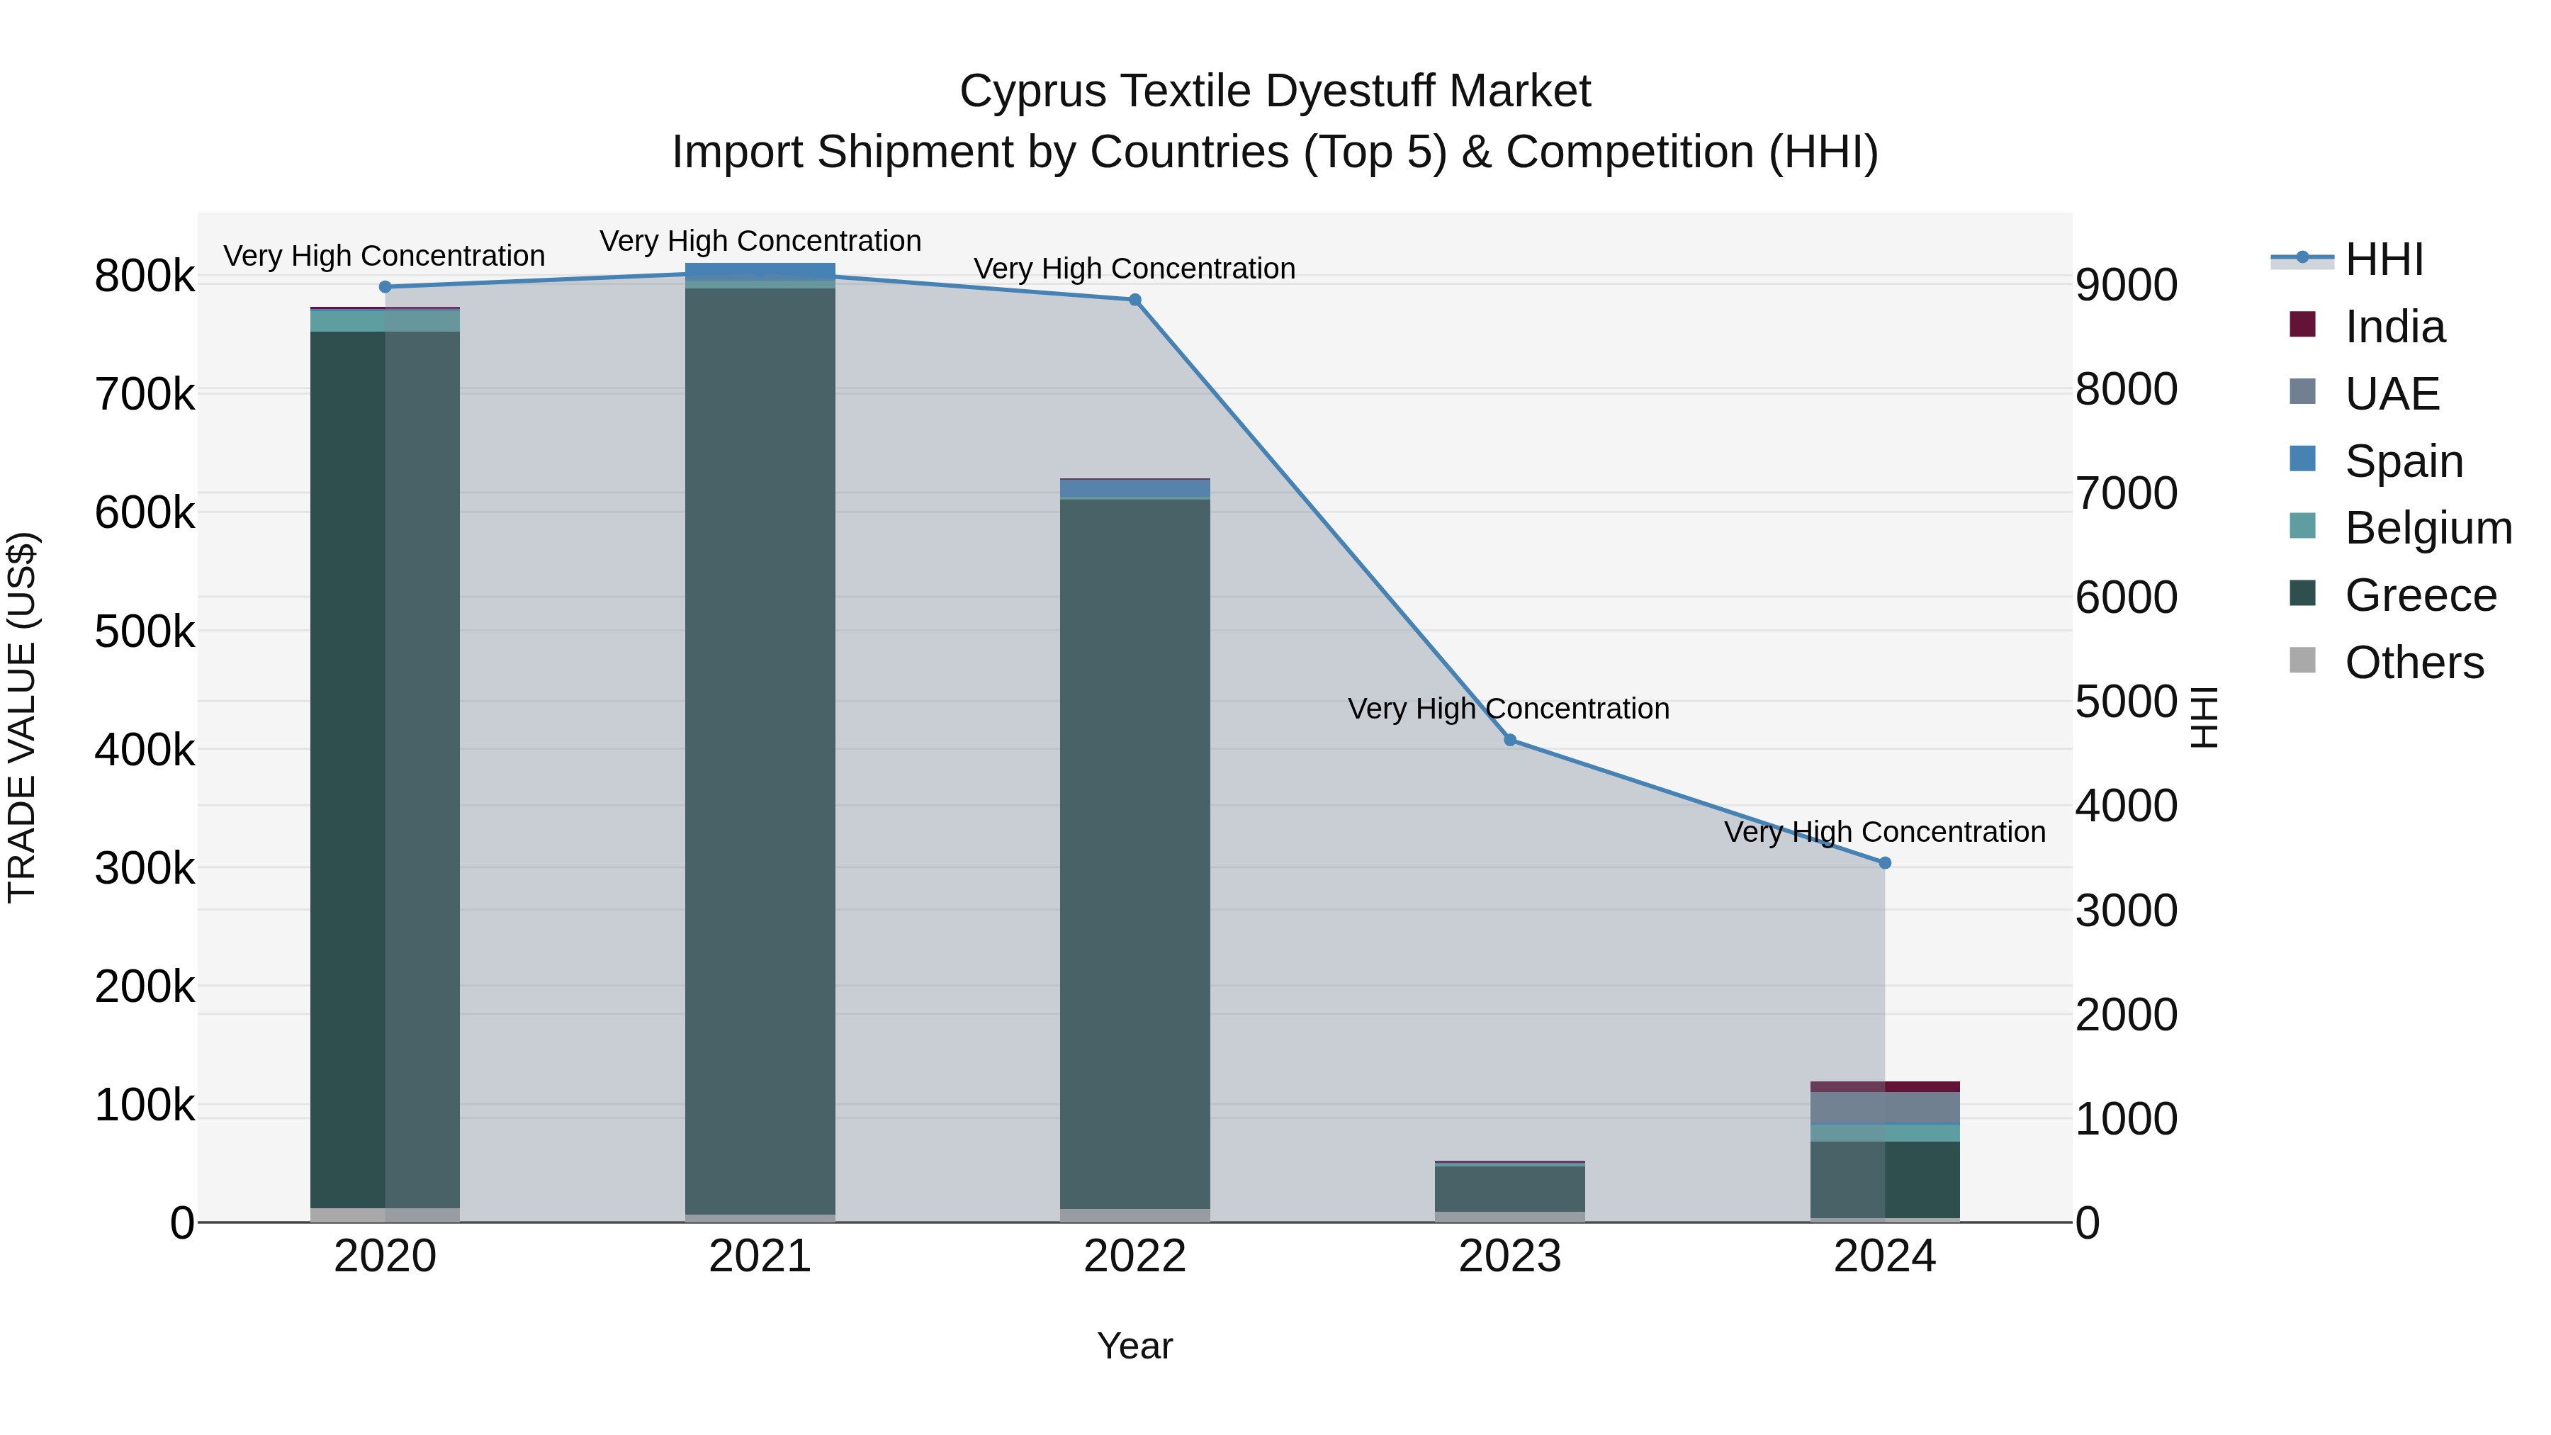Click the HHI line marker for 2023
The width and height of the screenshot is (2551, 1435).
click(x=1509, y=740)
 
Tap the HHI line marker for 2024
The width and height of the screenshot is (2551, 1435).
click(x=1884, y=862)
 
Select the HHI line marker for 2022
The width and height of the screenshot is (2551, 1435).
click(x=1135, y=300)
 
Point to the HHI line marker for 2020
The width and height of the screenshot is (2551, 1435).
click(x=385, y=287)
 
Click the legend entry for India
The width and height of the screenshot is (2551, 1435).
click(x=2394, y=327)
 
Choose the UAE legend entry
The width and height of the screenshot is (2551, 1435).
click(x=2391, y=393)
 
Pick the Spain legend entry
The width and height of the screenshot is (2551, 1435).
click(x=2404, y=461)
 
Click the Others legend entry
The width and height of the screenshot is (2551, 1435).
click(x=2414, y=663)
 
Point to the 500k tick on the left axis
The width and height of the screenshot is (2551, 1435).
click(x=145, y=631)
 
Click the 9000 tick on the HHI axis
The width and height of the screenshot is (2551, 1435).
click(x=2126, y=284)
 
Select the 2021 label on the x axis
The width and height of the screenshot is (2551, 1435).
click(x=760, y=1256)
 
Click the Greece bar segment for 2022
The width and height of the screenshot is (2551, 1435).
click(x=1135, y=852)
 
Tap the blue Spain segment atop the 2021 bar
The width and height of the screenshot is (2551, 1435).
click(x=760, y=271)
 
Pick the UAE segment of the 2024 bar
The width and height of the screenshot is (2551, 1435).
click(x=1884, y=1107)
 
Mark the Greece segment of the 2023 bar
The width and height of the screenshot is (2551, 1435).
click(x=1509, y=1188)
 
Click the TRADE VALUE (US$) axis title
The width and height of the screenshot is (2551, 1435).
click(x=23, y=717)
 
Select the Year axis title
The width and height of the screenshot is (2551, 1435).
click(x=1135, y=1346)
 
